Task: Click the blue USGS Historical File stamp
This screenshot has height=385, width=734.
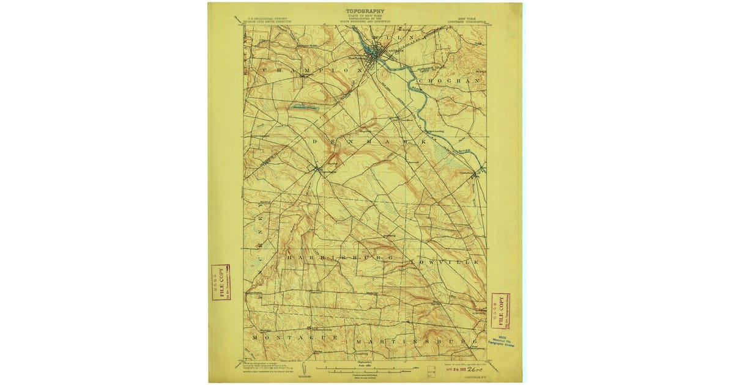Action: point(500,340)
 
